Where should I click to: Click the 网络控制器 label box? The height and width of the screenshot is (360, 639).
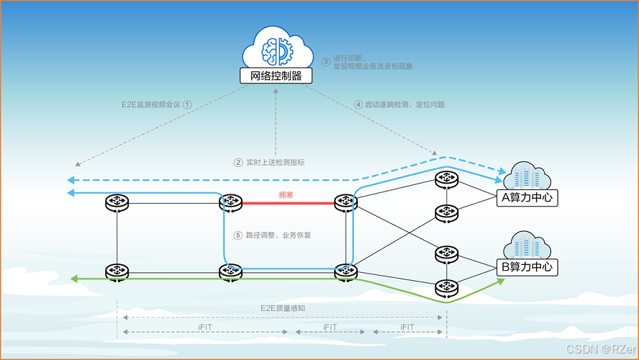[276, 76]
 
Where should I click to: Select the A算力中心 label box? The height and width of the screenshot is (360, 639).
[527, 197]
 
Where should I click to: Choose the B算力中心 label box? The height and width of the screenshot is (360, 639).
[527, 266]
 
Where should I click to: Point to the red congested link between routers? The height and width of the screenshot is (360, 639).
[288, 204]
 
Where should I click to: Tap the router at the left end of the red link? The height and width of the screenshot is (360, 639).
[231, 203]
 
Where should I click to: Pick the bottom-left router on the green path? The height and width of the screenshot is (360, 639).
[117, 272]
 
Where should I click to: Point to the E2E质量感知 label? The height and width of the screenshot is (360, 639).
[282, 308]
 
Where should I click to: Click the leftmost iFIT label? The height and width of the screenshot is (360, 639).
[205, 327]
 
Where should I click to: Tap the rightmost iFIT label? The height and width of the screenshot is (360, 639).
[407, 327]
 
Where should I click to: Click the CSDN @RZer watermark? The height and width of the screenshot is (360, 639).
[599, 349]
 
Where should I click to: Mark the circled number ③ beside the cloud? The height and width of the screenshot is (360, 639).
[326, 61]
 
